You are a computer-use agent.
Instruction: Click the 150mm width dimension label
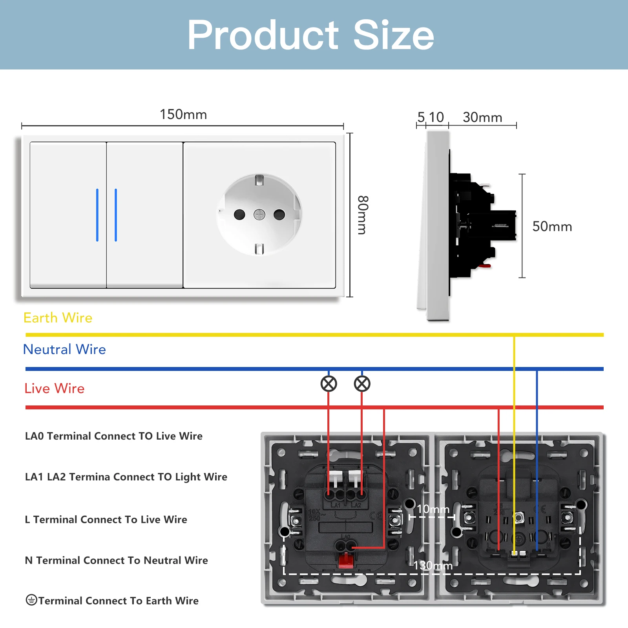point(183,115)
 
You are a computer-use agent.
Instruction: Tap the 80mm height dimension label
point(363,215)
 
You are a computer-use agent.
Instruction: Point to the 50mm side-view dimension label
point(552,226)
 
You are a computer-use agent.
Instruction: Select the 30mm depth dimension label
point(482,117)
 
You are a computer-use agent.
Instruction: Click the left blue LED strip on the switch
point(97,215)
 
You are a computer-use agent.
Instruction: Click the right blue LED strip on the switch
point(116,215)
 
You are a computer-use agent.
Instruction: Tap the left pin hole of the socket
point(239,215)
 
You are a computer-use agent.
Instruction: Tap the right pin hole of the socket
point(279,215)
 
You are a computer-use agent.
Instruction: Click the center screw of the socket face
point(259,215)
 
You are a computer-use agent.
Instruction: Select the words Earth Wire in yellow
point(58,318)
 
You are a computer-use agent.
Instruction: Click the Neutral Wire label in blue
point(64,349)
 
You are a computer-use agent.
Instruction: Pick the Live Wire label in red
point(54,389)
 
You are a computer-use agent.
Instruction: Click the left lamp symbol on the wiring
point(329,384)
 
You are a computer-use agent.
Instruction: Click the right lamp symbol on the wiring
point(362,384)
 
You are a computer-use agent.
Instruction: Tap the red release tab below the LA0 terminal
point(345,560)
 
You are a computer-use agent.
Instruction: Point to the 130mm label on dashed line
point(433,566)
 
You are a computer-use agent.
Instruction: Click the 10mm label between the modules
point(433,509)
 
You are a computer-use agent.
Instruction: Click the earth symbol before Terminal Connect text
point(31,600)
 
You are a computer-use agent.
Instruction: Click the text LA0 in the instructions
point(34,436)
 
